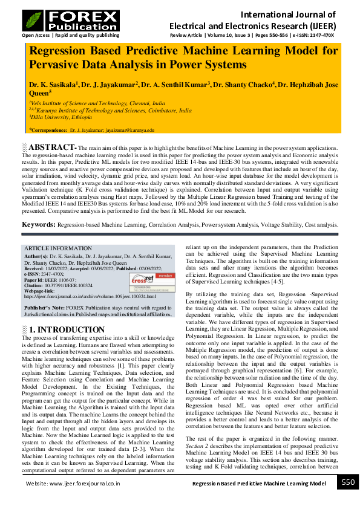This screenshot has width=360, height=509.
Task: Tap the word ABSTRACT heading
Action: click(52, 148)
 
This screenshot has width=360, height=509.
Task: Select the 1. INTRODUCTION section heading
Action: click(67, 330)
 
